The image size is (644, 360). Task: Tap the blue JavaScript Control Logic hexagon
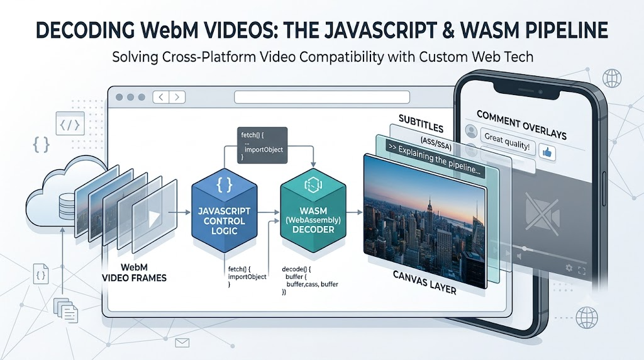[x=225, y=210]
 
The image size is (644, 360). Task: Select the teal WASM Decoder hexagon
[x=313, y=210]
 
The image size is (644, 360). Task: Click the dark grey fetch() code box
[x=262, y=145]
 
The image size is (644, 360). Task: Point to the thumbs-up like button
[x=547, y=152]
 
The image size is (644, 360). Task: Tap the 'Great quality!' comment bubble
[x=507, y=142]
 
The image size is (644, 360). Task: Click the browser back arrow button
[x=161, y=97]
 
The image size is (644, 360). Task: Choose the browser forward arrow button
[x=177, y=97]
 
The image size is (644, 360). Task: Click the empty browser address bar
[x=322, y=97]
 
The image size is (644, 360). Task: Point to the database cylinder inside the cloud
[x=67, y=206]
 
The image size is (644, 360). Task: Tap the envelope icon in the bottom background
[x=182, y=342]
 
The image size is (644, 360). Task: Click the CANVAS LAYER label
[x=425, y=283]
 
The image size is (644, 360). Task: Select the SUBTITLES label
[x=421, y=124]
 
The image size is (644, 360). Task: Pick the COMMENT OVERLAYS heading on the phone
[x=521, y=125]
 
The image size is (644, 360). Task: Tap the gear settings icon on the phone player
[x=569, y=268]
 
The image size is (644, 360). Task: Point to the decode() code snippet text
[x=309, y=281]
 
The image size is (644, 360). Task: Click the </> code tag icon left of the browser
[x=70, y=124]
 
